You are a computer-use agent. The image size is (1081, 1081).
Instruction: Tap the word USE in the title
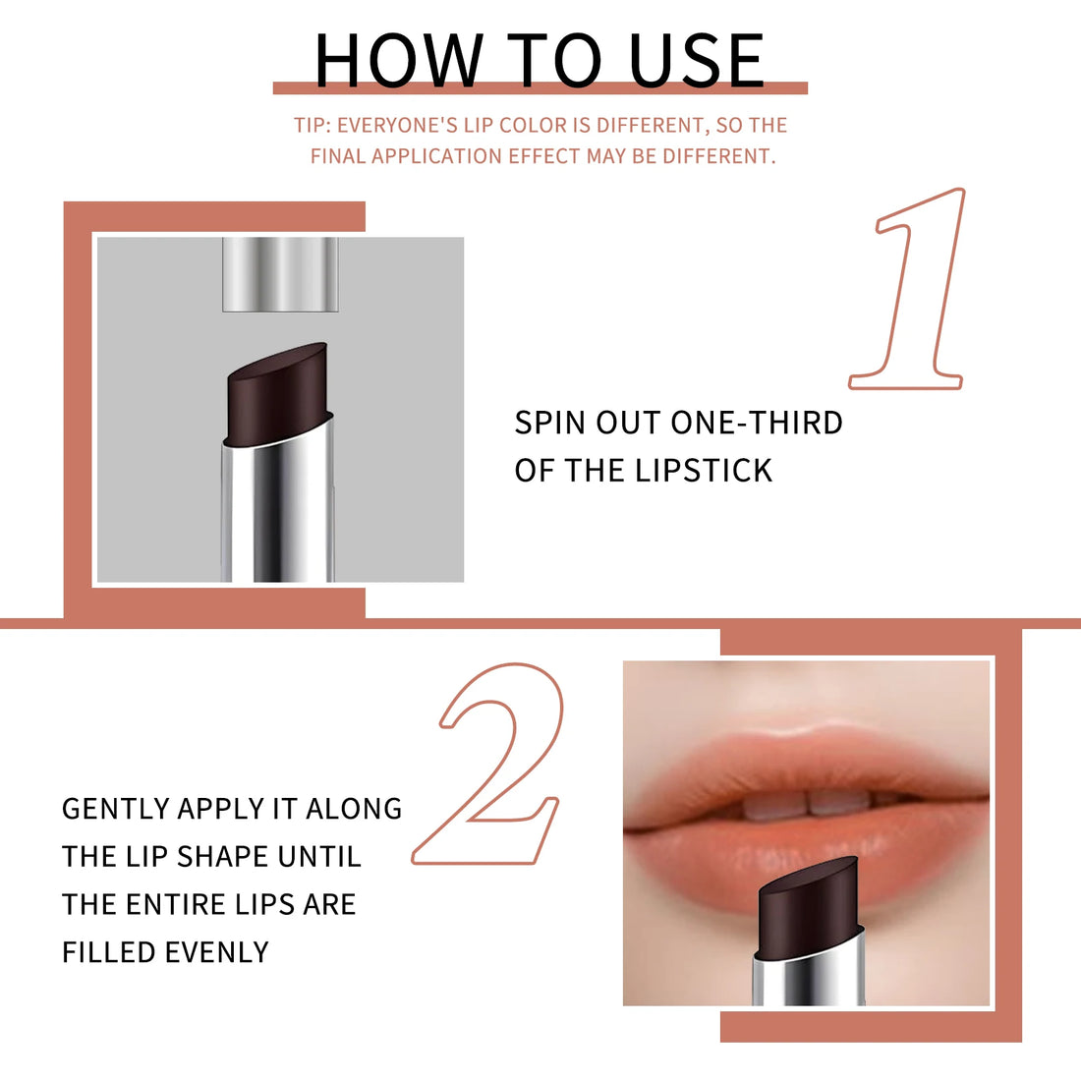click(x=696, y=61)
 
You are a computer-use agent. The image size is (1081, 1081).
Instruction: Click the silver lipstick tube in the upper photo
click(x=278, y=511)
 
